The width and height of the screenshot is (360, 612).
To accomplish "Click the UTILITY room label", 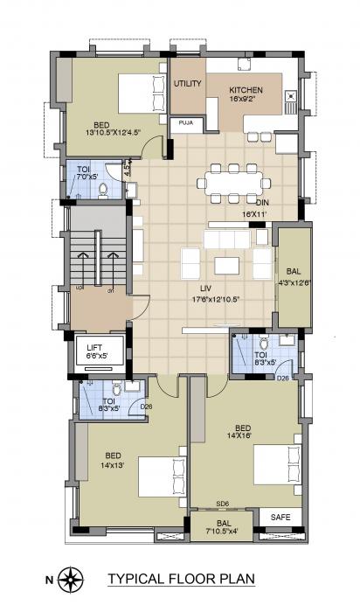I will (x=188, y=84).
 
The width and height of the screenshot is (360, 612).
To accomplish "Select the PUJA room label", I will (x=186, y=123).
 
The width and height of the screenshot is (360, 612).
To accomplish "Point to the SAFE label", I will (x=280, y=517).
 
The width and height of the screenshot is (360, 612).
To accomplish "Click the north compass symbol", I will (x=73, y=577).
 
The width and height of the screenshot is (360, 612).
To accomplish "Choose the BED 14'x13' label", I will (x=114, y=461).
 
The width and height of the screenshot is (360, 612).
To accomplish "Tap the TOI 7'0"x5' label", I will (x=83, y=174).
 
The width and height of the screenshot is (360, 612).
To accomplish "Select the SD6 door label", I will (x=223, y=504).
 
